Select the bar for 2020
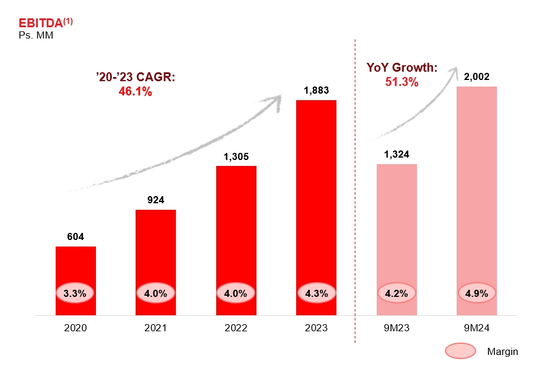coord(76,267)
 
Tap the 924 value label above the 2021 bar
coord(156,200)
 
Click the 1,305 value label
coord(236,157)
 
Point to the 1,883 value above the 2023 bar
coord(316,91)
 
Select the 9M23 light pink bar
coord(397,225)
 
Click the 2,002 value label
coord(477,77)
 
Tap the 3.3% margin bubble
coord(76,293)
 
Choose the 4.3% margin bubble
coord(316,293)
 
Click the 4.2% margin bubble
coord(397,293)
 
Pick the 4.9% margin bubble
coord(477,293)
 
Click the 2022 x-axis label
coord(236,328)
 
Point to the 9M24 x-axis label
coord(477,328)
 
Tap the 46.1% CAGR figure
coord(136,92)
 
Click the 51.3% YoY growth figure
coord(402,82)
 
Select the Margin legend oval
coord(460,351)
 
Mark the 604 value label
coord(76,237)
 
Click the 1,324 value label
coord(397,155)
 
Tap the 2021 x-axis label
coord(156,328)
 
